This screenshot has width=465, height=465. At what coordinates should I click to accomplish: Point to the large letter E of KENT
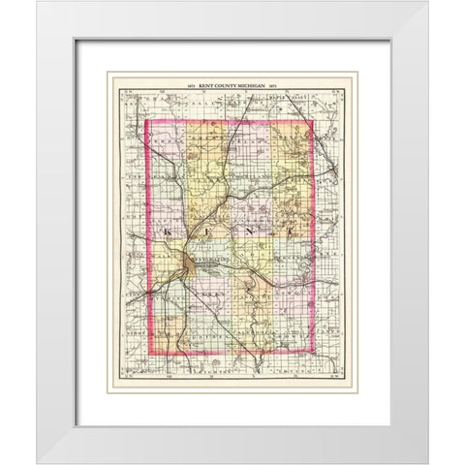point(207,232)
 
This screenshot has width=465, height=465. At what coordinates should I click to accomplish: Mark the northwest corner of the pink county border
point(146,120)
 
